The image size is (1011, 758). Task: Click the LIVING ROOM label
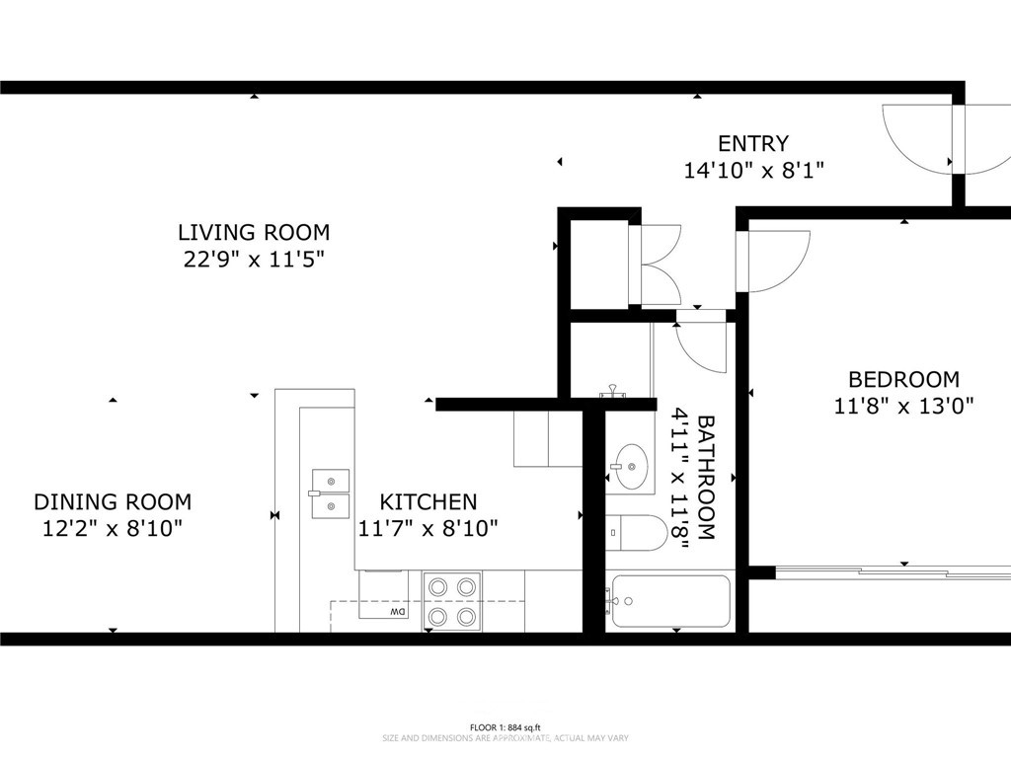point(253,233)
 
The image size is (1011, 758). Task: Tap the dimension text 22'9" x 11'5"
point(253,261)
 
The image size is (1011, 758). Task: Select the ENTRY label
point(752,144)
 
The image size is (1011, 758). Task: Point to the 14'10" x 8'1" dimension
point(753,171)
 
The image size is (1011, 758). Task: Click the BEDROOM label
point(903,379)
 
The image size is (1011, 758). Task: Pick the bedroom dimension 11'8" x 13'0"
point(903,405)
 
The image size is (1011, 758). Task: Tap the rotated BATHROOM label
point(706,477)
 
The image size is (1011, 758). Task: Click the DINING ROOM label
point(113,502)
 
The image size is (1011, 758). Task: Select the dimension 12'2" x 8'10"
point(113,529)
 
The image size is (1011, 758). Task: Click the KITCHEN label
point(428,502)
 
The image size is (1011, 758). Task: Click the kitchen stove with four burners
point(451,602)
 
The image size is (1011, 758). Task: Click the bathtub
point(669,601)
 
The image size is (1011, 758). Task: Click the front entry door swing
point(918,138)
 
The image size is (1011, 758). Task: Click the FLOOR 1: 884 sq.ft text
point(505,726)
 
